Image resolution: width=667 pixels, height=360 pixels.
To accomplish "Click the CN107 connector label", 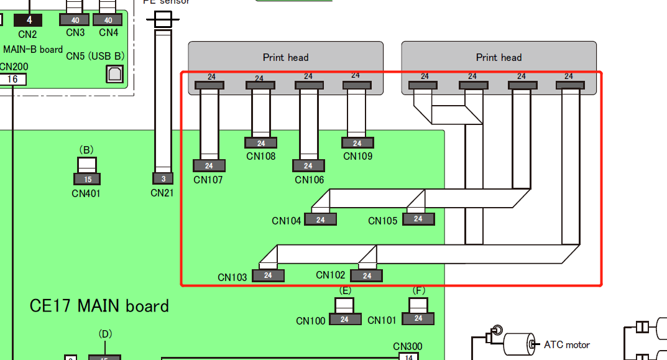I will coord(208,180).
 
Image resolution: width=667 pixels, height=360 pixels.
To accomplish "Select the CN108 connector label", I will coord(261,156).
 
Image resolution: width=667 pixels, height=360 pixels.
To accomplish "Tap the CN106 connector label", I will coord(308,180).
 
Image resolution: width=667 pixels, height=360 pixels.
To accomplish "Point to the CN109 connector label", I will coord(358,156).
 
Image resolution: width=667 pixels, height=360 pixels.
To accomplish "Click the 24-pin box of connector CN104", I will coord(321,219).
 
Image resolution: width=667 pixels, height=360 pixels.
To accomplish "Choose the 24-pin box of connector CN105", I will coord(418,219).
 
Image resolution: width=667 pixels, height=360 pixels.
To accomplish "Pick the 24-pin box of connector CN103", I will coord(268,275).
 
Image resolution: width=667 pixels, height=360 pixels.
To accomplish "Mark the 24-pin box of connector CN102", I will coord(367,275).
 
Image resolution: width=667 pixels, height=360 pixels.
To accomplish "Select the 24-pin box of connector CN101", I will coord(418,318).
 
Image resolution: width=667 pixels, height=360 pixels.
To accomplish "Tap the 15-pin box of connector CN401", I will coord(87,180).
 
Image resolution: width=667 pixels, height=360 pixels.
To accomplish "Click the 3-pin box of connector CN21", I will coord(163,179).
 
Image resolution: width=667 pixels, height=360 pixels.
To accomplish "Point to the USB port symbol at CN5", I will coord(115,74).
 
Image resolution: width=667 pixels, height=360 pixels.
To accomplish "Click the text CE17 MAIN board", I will coord(99,306).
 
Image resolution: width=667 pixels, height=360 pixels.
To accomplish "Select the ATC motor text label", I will coord(567,344).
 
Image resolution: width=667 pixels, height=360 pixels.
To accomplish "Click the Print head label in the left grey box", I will coord(286,57).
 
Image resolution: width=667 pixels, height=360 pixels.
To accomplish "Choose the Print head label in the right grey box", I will coord(499,57).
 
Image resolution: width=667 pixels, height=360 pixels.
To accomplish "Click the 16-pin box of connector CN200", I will coord(12,79).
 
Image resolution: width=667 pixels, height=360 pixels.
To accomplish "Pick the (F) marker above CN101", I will coord(419,290).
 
